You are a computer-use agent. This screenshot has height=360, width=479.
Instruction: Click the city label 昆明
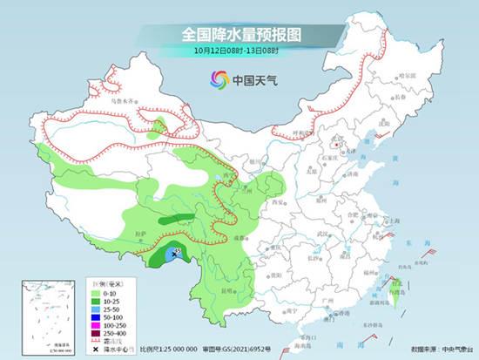(228, 289)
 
